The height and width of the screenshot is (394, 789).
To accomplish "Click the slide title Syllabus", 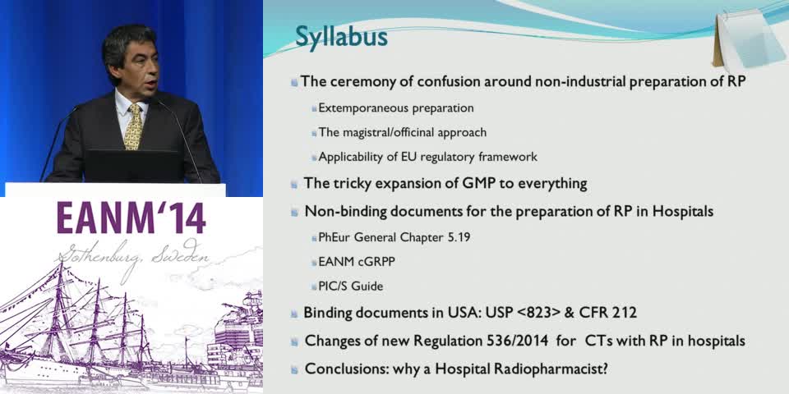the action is click(341, 38).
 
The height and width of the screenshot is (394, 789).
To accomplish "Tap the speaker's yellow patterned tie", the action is click(134, 126).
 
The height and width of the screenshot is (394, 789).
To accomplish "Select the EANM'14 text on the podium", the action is click(131, 218).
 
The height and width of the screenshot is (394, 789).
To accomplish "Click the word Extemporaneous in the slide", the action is click(359, 108).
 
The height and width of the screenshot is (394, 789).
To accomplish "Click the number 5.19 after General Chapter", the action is click(459, 237).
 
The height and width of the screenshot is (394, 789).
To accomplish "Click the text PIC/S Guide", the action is click(350, 286).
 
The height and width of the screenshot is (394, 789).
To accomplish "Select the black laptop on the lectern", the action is click(133, 166).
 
